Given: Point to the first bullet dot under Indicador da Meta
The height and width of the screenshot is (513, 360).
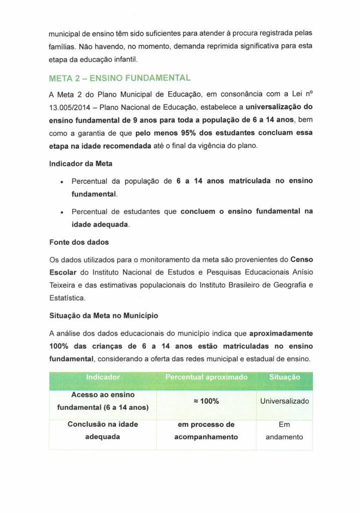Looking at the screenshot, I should tap(61, 181).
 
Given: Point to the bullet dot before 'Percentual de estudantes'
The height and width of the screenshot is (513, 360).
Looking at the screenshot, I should tap(61, 212).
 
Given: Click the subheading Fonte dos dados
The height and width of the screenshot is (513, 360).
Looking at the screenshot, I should tap(79, 242).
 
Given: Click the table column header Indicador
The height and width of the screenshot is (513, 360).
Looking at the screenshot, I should tap(103, 377).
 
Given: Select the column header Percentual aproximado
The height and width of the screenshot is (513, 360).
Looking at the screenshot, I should tap(206, 377).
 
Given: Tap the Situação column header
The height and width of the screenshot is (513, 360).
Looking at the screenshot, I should tap(284, 377).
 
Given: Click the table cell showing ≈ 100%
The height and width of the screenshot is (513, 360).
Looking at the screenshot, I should tap(206, 401).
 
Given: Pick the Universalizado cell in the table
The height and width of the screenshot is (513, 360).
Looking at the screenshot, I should tap(284, 401).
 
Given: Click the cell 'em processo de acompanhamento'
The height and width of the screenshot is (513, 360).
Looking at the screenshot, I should tap(206, 430).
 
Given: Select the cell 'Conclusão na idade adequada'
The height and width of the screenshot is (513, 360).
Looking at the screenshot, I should tap(103, 430).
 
